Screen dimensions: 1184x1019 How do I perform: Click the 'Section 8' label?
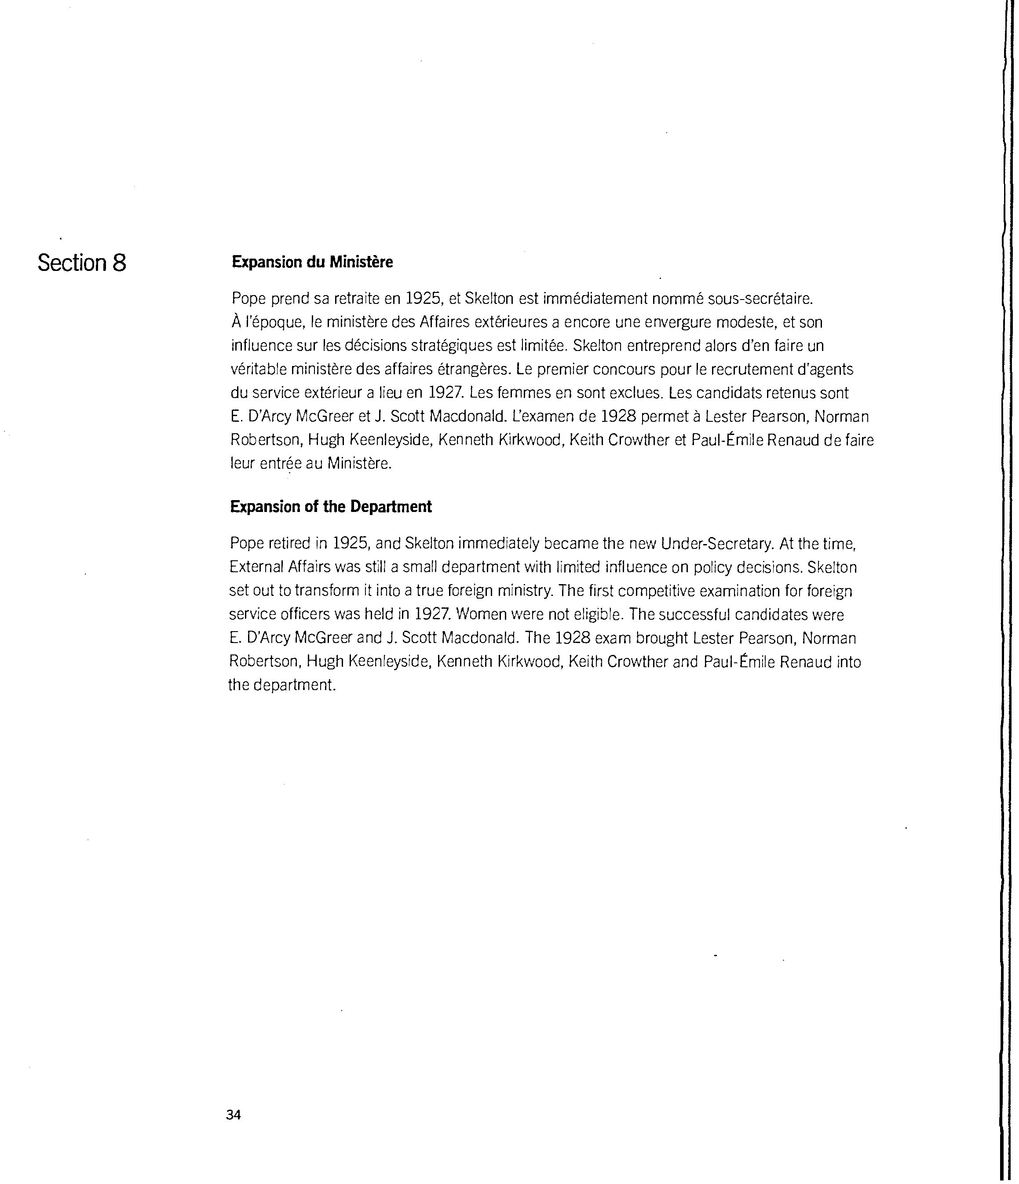[x=82, y=263]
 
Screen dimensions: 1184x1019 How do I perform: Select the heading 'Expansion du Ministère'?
[x=312, y=262]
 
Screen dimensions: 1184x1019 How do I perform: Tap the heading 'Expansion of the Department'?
[x=330, y=507]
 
